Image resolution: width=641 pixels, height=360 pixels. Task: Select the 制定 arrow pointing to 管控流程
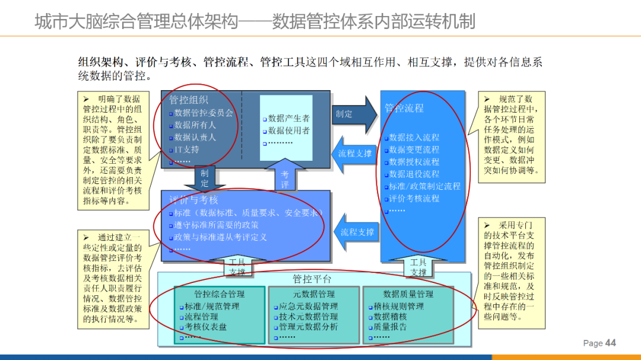point(353,114)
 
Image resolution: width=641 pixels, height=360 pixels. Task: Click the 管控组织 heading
point(189,100)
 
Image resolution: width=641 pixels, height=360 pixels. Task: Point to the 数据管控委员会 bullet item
point(204,113)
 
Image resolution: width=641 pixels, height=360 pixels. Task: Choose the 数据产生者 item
point(289,119)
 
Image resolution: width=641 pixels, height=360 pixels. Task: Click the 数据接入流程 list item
point(414,138)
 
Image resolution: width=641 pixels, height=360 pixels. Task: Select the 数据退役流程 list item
point(414,174)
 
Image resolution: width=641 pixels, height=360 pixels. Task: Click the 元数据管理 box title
point(313,294)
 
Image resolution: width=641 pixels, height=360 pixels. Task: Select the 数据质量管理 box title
point(408,294)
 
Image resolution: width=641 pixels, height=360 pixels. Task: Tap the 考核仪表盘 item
point(206,327)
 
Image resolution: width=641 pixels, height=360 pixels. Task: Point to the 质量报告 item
point(390,327)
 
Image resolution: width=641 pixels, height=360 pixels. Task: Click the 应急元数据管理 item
point(309,307)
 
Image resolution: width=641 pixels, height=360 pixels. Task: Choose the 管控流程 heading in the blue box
point(404,108)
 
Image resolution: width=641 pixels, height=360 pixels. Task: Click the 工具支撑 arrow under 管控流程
point(418,267)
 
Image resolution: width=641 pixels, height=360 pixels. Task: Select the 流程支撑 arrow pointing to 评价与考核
point(354,232)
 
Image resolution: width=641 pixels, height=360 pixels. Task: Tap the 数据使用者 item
point(289,130)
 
